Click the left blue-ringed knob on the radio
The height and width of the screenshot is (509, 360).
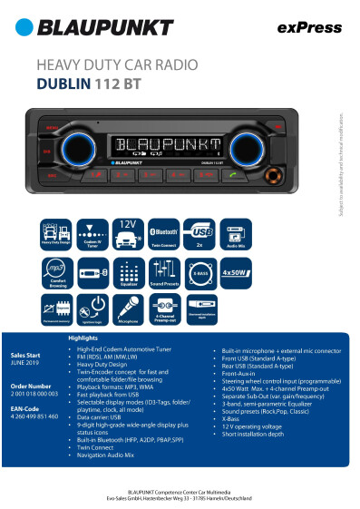tap(72, 148)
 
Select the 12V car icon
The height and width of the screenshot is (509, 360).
tap(128, 232)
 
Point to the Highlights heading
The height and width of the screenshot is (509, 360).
tap(83, 338)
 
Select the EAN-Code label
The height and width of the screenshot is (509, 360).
tap(23, 409)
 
